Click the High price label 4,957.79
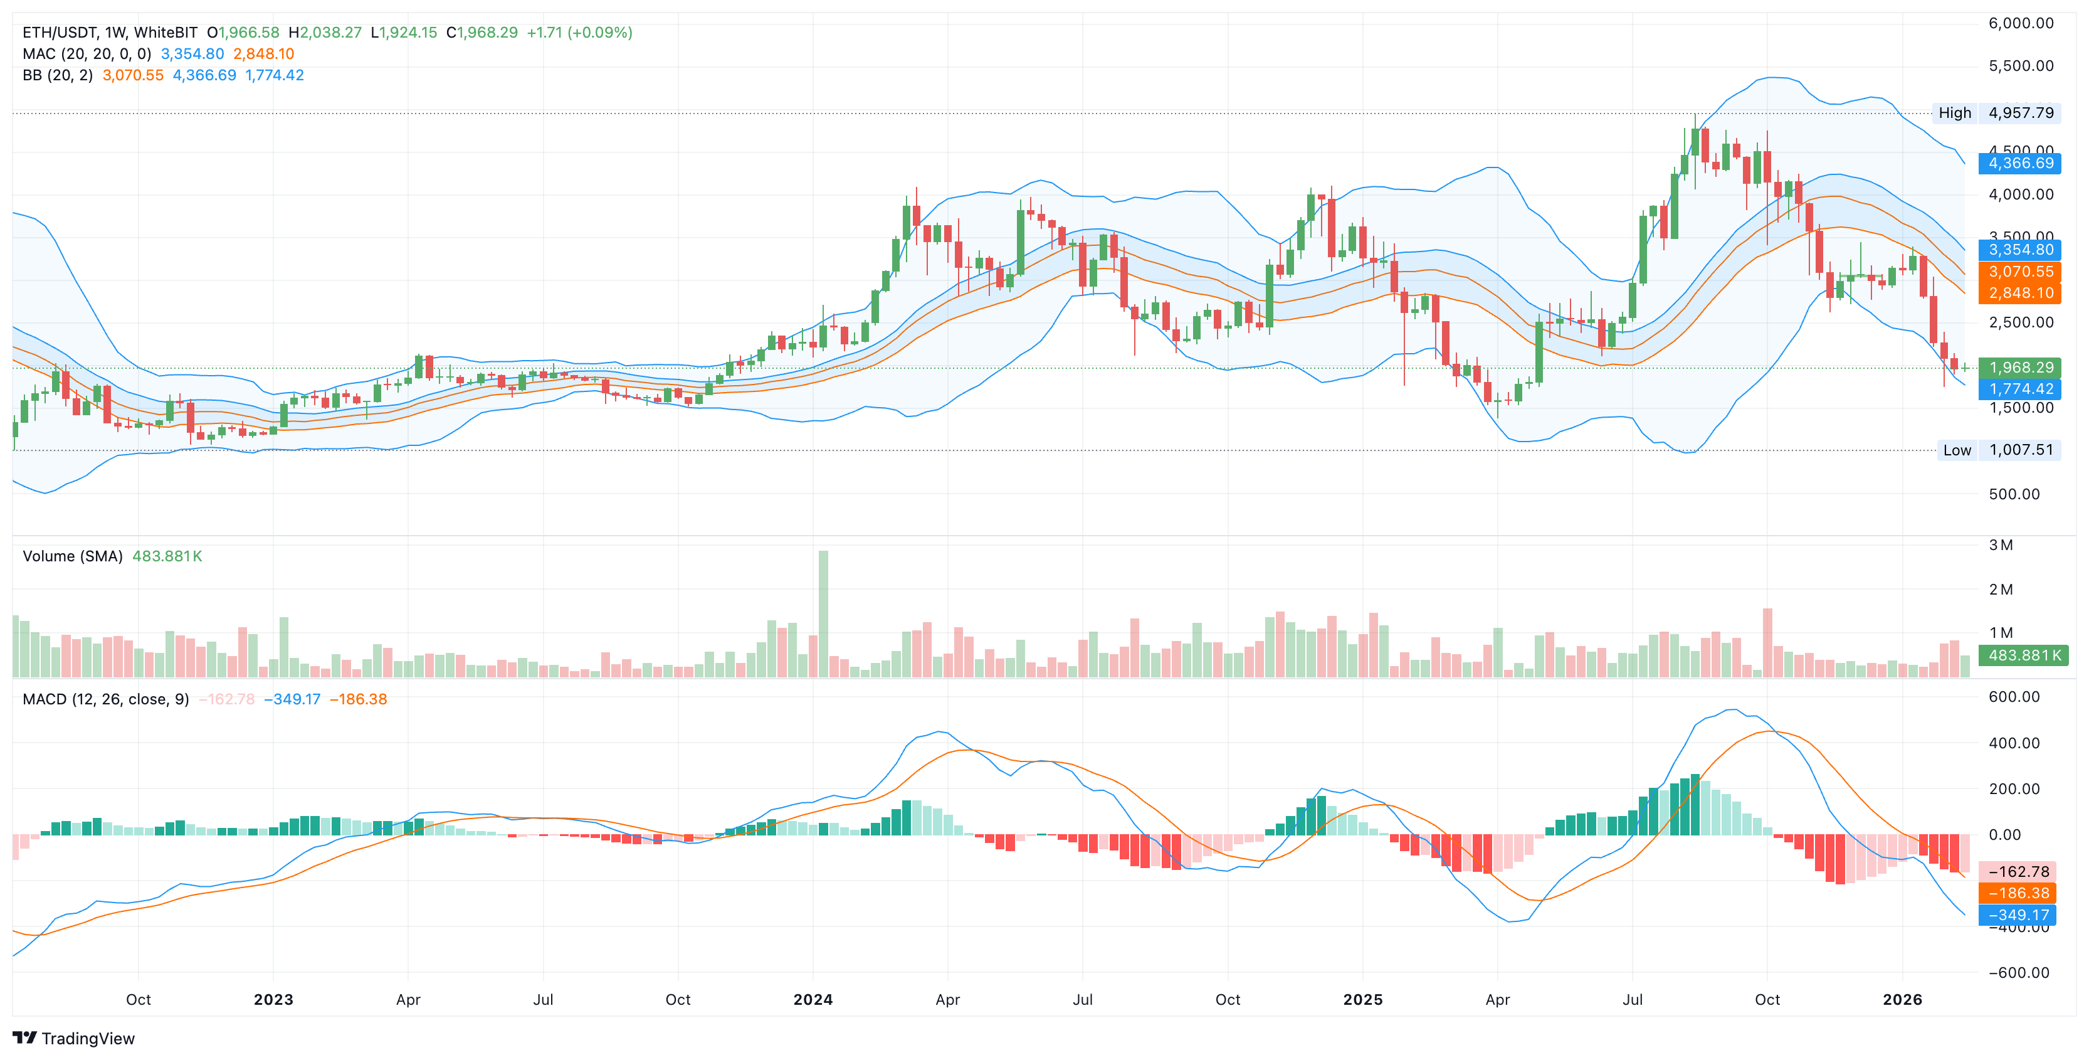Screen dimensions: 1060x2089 coord(2020,113)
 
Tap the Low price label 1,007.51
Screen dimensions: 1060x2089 coord(2020,450)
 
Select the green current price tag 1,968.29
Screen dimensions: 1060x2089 coord(2020,368)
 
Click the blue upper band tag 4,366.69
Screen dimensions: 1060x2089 coord(2020,163)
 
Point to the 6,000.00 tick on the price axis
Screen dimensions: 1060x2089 coord(2020,23)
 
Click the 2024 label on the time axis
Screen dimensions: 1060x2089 coord(813,999)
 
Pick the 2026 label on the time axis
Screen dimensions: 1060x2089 coord(1902,999)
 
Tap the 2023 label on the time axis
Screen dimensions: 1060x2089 coord(273,999)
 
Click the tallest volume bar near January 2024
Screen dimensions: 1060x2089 coord(823,613)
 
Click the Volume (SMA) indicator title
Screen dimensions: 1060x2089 coord(72,556)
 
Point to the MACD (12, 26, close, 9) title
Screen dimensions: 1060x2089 coord(105,699)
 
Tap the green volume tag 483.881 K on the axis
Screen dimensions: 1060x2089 coord(2023,655)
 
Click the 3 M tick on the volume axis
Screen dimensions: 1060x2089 coord(2001,545)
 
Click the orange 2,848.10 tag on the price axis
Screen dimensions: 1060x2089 coord(2020,293)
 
